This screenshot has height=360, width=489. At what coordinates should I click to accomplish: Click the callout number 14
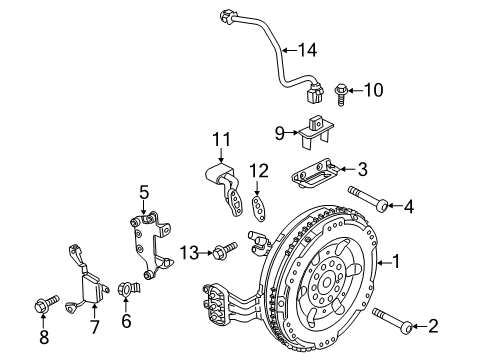point(307,49)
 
